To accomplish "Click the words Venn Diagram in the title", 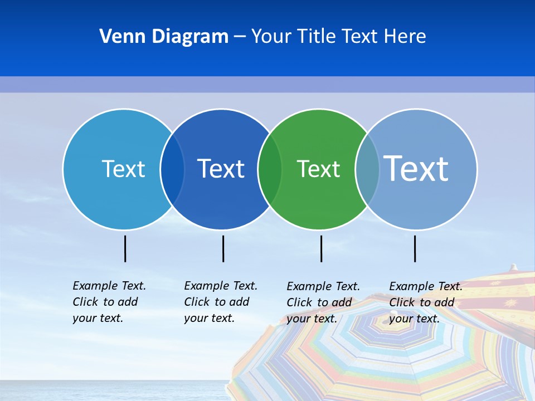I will pyautogui.click(x=164, y=37).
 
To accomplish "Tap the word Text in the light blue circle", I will pyautogui.click(x=123, y=169).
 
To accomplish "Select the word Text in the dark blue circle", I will pyautogui.click(x=221, y=169).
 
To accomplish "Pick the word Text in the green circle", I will pyautogui.click(x=318, y=169).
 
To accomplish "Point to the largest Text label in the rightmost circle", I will pyautogui.click(x=416, y=168).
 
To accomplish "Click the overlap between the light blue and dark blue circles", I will pyautogui.click(x=172, y=169).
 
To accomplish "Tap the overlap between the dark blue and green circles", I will pyautogui.click(x=270, y=169).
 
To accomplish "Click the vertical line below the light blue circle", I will pyautogui.click(x=125, y=248).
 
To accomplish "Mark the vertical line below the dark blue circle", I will pyautogui.click(x=223, y=248).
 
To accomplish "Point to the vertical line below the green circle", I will pyautogui.click(x=321, y=248).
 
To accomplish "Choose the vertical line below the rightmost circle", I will pyautogui.click(x=415, y=248).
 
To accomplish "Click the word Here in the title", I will pyautogui.click(x=405, y=37).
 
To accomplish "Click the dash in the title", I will pyautogui.click(x=240, y=37).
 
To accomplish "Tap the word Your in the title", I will pyautogui.click(x=271, y=37).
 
